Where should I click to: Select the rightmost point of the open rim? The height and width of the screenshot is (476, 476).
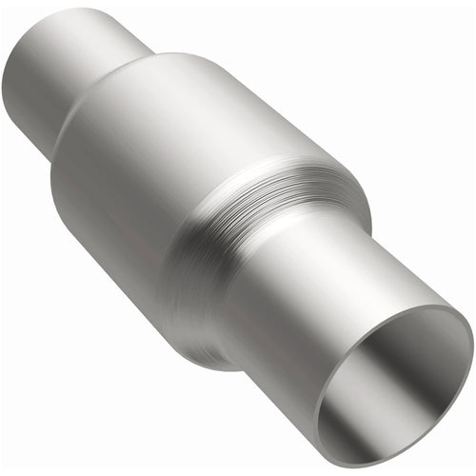pos(472,333)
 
